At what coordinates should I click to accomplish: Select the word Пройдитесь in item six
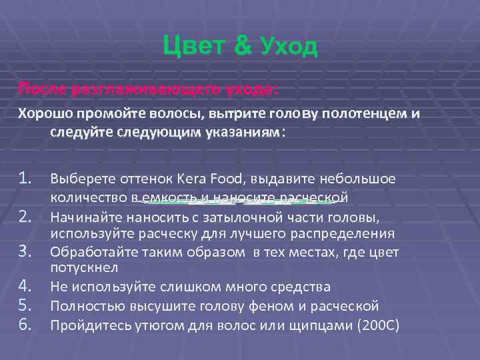(88, 326)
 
